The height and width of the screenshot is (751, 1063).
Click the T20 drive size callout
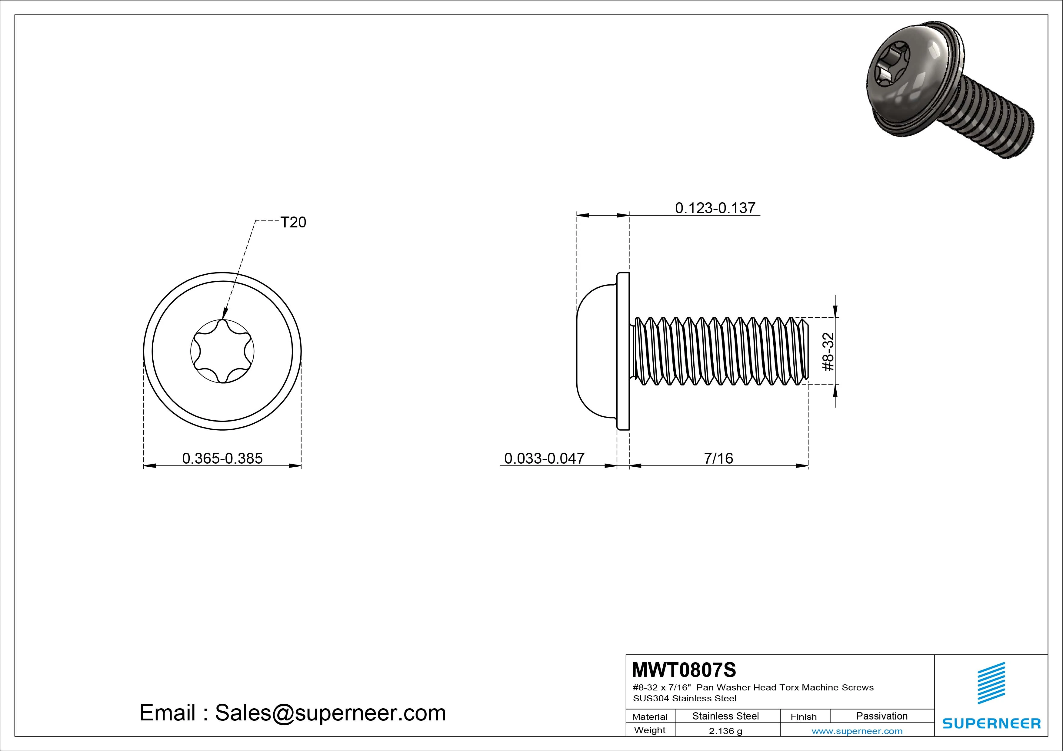293,223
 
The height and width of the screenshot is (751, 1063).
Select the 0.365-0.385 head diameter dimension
222,458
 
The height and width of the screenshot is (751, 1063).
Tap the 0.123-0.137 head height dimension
715,208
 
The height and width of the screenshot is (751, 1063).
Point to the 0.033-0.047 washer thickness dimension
544,458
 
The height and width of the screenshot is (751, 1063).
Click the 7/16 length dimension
718,458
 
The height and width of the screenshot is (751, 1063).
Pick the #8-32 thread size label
828,352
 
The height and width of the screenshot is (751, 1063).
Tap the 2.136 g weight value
725,731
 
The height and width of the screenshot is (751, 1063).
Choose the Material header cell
650,717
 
